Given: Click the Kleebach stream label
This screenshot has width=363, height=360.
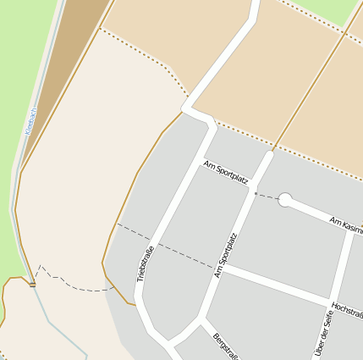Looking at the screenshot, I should (x=31, y=121).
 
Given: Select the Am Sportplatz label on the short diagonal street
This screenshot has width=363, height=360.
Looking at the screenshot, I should (x=226, y=172).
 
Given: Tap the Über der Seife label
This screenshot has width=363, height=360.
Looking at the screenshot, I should (x=321, y=332).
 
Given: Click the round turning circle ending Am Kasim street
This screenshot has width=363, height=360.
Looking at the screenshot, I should (x=285, y=200).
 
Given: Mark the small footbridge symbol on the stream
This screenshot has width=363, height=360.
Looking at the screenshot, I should (x=32, y=285).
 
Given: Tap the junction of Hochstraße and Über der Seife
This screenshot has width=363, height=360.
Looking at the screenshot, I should (x=332, y=302).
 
